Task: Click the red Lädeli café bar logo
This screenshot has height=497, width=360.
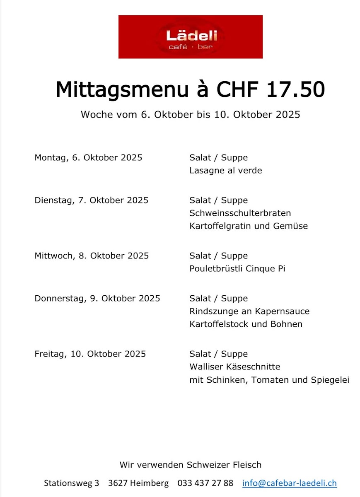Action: pyautogui.click(x=191, y=37)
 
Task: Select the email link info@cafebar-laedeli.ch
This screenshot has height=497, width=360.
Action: pyautogui.click(x=290, y=483)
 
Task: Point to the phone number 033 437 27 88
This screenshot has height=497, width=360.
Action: pyautogui.click(x=205, y=483)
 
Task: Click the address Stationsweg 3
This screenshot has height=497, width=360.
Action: pyautogui.click(x=72, y=483)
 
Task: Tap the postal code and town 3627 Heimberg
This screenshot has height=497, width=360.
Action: pyautogui.click(x=138, y=483)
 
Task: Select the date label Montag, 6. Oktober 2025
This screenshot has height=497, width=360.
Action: pyautogui.click(x=88, y=157)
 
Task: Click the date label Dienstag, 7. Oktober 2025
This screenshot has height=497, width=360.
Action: pyautogui.click(x=91, y=200)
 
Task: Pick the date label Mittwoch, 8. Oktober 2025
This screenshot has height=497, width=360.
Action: pyautogui.click(x=92, y=256)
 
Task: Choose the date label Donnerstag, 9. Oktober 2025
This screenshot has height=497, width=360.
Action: pyautogui.click(x=97, y=298)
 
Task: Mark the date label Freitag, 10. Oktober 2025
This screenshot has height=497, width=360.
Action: pyautogui.click(x=90, y=354)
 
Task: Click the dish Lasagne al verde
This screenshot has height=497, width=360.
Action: pyautogui.click(x=226, y=170)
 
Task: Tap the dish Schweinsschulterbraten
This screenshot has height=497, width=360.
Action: pyautogui.click(x=240, y=213)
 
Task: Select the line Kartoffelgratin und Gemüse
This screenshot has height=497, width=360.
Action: pyautogui.click(x=249, y=226)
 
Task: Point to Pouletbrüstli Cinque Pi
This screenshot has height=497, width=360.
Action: pyautogui.click(x=237, y=268)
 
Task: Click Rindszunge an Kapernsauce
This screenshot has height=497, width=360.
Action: pyautogui.click(x=249, y=311)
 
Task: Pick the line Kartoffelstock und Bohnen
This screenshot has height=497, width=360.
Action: pyautogui.click(x=246, y=324)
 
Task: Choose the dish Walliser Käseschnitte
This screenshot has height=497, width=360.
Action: pyautogui.click(x=235, y=367)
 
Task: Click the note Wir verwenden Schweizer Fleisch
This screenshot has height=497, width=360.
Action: pyautogui.click(x=191, y=465)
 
